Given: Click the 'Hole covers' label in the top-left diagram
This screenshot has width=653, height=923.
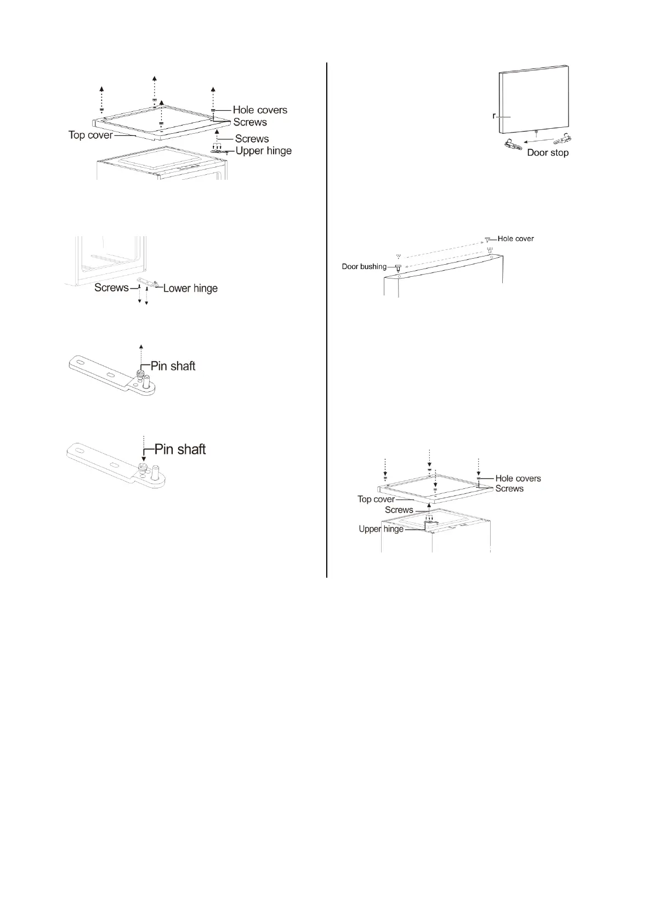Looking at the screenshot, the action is click(x=260, y=110).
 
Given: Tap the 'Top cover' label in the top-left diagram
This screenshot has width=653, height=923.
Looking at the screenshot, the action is click(x=90, y=135).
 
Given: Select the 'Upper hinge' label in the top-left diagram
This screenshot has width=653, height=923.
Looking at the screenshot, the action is click(x=263, y=151).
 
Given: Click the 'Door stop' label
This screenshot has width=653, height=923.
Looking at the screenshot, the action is click(x=547, y=153).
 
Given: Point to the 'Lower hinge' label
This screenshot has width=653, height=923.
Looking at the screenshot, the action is click(x=190, y=288).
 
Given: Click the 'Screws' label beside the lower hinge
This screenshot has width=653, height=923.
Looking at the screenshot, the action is click(x=111, y=288).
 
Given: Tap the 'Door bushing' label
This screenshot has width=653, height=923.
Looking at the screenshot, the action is click(x=364, y=267).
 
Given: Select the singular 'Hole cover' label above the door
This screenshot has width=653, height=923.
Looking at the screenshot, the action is click(x=515, y=239).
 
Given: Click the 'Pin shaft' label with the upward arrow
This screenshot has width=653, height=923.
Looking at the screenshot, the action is click(x=173, y=366).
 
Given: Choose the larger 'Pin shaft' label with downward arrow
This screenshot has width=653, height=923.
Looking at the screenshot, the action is click(x=180, y=449).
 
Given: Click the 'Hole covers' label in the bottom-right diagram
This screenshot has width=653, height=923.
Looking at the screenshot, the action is click(x=518, y=478).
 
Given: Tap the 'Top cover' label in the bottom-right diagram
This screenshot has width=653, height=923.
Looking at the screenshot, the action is click(x=376, y=499).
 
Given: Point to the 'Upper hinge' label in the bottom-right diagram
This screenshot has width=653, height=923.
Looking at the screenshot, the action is click(x=381, y=529).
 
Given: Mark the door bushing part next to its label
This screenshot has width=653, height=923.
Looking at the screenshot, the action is click(x=399, y=267).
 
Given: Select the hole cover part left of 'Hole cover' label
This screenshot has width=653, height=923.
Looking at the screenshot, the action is click(x=487, y=240).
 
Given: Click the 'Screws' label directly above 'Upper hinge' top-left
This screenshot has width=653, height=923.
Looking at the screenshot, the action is click(x=252, y=139).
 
